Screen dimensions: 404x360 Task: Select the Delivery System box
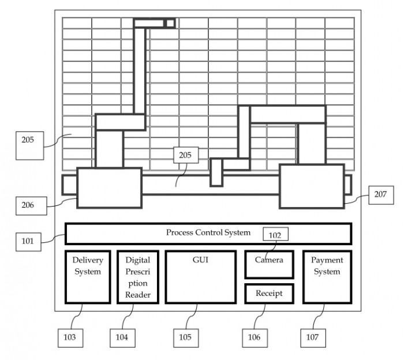(x=88, y=277)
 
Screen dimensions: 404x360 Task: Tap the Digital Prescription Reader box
(x=138, y=277)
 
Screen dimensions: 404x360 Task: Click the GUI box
(x=201, y=277)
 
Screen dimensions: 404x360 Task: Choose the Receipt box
(x=270, y=294)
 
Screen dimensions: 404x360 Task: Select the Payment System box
(x=327, y=277)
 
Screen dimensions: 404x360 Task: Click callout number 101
(x=28, y=242)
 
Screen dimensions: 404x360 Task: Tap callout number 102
(x=275, y=234)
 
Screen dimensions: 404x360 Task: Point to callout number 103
(x=70, y=338)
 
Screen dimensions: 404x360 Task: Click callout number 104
(x=122, y=338)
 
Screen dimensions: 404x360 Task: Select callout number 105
(x=186, y=338)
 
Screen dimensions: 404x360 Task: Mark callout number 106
(x=255, y=338)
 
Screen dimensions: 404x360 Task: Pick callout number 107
(x=313, y=338)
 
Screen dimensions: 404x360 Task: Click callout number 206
(x=31, y=206)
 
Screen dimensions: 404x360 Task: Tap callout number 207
(x=381, y=195)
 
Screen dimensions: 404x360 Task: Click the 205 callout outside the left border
(x=29, y=146)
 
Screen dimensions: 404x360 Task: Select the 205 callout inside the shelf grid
(x=186, y=155)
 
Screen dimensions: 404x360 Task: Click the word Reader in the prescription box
(x=138, y=295)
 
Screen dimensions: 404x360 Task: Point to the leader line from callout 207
(x=357, y=199)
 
